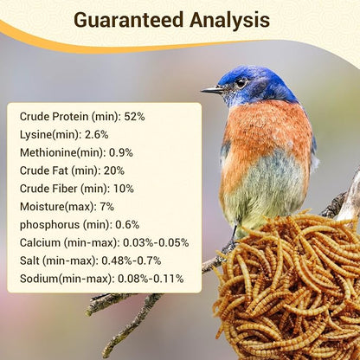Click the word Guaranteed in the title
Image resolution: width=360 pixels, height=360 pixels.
pyautogui.click(x=128, y=20)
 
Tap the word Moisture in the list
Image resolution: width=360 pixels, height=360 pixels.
pyautogui.click(x=44, y=206)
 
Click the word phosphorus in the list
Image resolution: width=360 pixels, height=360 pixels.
pyautogui.click(x=49, y=224)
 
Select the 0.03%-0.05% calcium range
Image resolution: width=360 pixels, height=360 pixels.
pyautogui.click(x=156, y=242)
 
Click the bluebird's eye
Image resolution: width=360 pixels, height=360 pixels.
pyautogui.click(x=240, y=83)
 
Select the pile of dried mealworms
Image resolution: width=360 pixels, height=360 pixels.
pyautogui.click(x=290, y=286)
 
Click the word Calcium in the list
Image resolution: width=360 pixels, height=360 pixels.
pyautogui.click(x=41, y=242)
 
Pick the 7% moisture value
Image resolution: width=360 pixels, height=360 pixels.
pyautogui.click(x=108, y=206)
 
